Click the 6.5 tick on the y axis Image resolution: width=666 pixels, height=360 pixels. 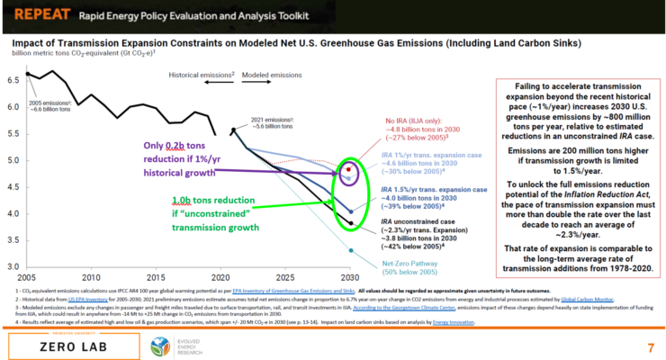13,80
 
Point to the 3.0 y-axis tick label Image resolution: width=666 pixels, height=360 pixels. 13,267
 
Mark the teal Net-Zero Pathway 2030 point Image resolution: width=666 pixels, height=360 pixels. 349,251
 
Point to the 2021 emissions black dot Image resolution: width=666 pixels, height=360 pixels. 233,130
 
